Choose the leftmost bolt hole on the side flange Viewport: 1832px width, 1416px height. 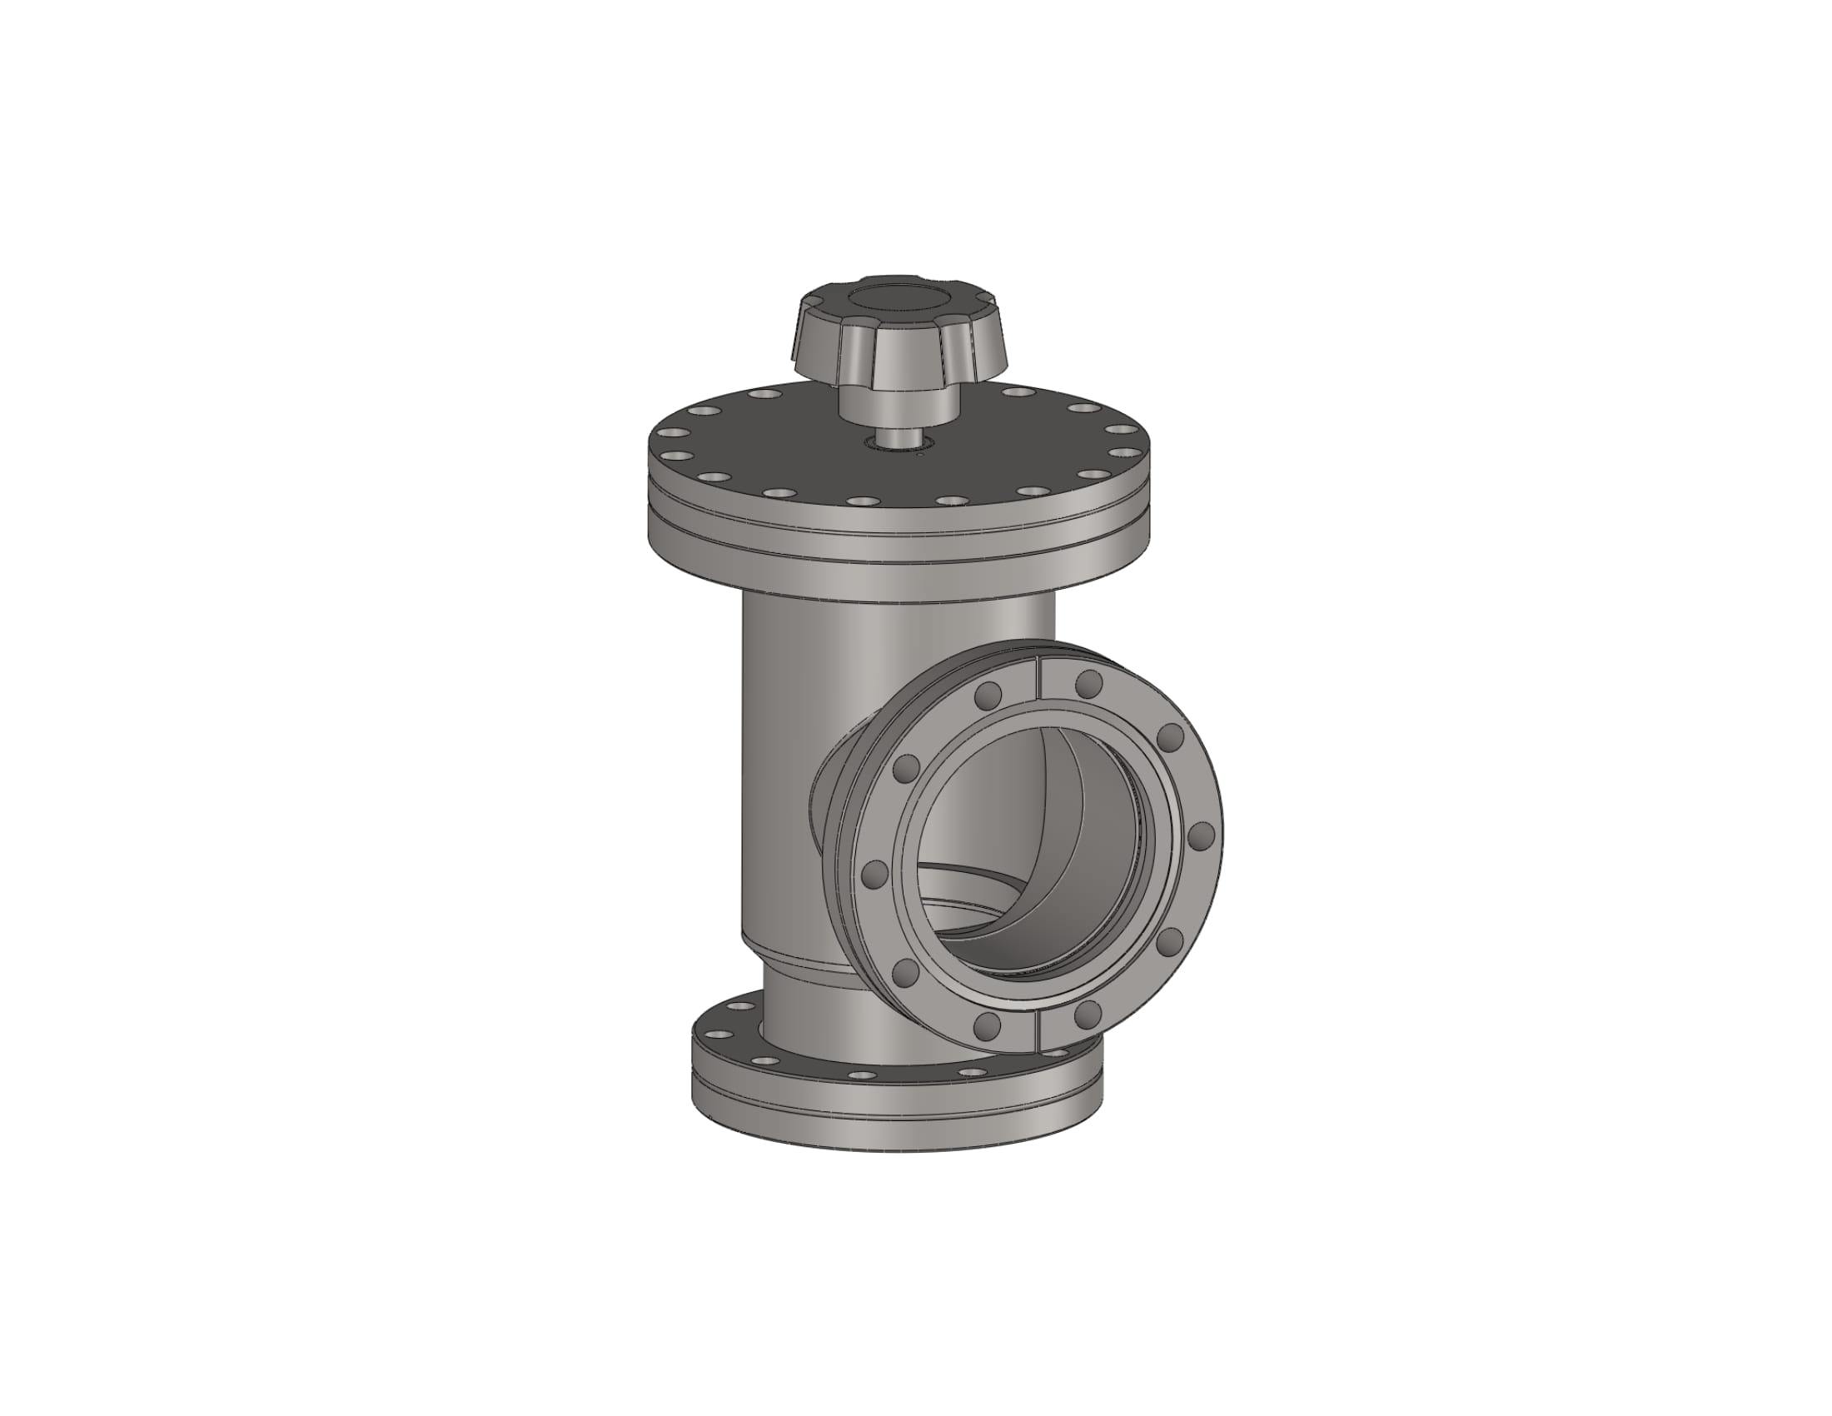(x=875, y=875)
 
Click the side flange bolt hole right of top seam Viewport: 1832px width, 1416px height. (x=1088, y=684)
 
